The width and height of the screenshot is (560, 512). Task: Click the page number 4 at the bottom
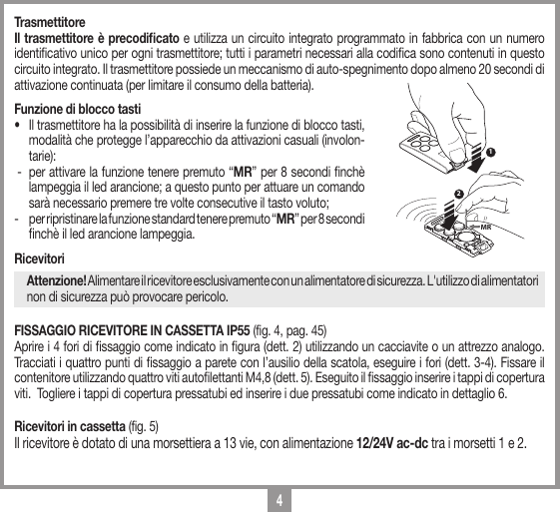(x=280, y=498)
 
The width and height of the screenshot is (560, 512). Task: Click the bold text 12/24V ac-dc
(x=400, y=442)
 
